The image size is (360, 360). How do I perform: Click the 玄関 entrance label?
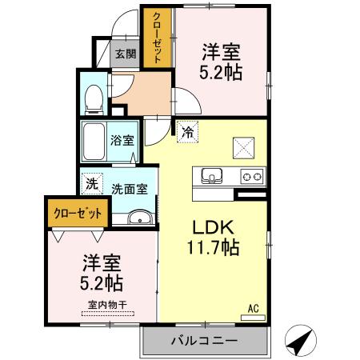(124, 54)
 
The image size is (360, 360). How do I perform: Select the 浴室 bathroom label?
(122, 139)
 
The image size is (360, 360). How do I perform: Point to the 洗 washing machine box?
(90, 183)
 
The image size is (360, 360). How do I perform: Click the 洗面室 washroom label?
(128, 190)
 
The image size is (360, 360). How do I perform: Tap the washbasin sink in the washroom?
(138, 218)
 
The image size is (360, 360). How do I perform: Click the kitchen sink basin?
(211, 175)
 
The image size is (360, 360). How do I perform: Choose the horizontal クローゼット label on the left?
(78, 214)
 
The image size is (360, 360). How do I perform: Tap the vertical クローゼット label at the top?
(157, 37)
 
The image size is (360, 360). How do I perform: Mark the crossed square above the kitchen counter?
(242, 146)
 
